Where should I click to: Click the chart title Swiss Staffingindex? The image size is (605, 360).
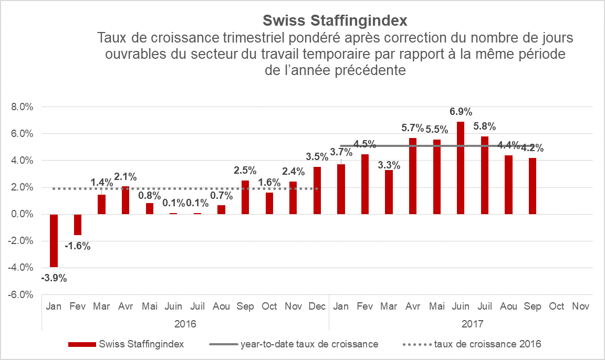(x=335, y=20)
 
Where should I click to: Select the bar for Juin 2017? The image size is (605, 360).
(x=461, y=168)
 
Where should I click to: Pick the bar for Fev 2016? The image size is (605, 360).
(x=78, y=225)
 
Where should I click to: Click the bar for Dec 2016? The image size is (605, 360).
(x=317, y=190)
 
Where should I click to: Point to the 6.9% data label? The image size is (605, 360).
(x=461, y=112)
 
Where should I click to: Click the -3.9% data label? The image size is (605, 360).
(x=54, y=278)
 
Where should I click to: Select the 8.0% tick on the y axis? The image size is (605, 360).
(x=22, y=107)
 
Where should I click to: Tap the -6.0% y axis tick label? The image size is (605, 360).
(x=21, y=294)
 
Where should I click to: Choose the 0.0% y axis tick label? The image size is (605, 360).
(x=22, y=214)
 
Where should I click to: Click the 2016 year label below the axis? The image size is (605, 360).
(x=185, y=324)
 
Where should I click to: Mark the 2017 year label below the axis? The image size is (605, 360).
(x=473, y=324)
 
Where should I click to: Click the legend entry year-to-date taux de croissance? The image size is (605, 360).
(x=309, y=344)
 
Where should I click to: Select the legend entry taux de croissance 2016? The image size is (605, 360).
(x=488, y=344)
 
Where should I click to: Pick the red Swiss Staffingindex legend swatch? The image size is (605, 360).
(x=82, y=344)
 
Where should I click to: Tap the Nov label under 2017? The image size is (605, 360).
(x=580, y=306)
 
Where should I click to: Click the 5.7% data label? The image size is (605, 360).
(x=412, y=128)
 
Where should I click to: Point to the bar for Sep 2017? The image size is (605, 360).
(x=533, y=186)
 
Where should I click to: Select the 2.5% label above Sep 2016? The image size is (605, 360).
(x=245, y=170)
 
